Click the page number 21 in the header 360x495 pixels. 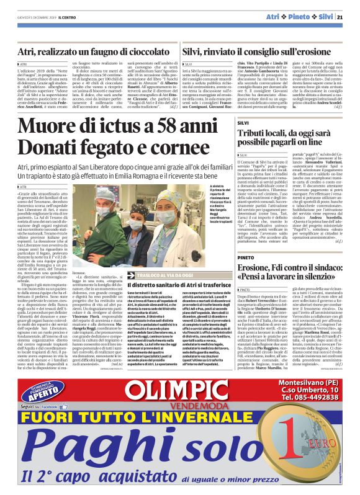[x=349, y=16]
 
